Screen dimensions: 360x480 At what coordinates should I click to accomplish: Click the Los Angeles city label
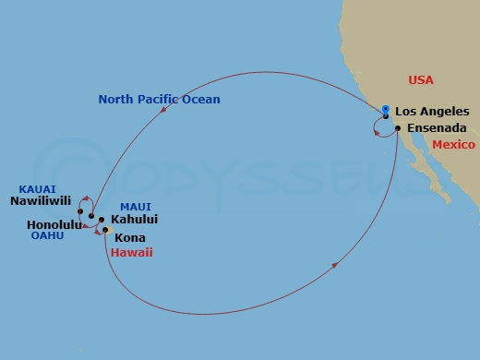point(432,112)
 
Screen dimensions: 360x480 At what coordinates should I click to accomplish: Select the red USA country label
point(421,80)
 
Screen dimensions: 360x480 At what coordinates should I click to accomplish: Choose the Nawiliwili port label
point(41,198)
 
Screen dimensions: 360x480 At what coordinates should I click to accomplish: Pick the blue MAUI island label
point(136,206)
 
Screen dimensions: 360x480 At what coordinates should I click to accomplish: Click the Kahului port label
point(134,220)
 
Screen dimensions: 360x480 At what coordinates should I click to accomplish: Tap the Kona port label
point(129,237)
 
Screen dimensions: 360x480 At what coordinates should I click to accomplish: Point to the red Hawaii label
point(131,252)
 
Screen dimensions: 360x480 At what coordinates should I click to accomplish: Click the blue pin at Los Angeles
point(386,111)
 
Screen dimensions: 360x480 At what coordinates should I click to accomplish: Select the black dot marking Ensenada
point(397,128)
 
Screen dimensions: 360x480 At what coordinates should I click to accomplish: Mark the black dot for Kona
point(106,230)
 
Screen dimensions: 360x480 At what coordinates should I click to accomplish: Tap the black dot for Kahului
point(102,220)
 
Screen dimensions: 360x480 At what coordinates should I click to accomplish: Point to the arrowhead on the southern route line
point(334,265)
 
